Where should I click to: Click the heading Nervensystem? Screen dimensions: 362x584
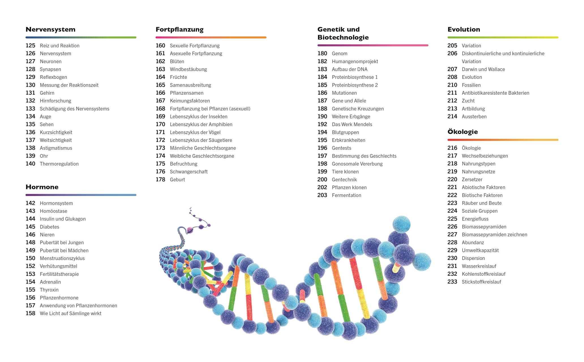(50, 29)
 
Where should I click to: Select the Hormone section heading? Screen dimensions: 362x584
(42, 187)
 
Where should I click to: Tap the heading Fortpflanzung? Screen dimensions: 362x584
(179, 29)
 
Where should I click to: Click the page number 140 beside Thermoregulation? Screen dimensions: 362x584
(30, 164)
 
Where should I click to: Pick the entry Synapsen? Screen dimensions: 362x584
(50, 69)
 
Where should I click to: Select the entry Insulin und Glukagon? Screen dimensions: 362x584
(63, 219)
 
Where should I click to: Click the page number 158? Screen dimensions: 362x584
(30, 313)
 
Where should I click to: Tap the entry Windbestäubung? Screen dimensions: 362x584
(188, 69)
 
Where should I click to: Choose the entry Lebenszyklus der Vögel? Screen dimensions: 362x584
(195, 132)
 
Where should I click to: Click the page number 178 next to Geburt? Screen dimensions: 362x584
(160, 180)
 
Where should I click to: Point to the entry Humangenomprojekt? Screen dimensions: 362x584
(355, 61)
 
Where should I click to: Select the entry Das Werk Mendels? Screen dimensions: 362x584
(352, 124)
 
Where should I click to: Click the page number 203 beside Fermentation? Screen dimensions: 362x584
(322, 195)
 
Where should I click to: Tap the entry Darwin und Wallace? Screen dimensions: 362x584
(483, 69)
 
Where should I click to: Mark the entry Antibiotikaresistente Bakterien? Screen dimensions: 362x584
(495, 93)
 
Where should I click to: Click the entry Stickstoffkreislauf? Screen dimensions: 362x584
(481, 282)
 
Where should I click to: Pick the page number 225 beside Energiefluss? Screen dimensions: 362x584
(452, 219)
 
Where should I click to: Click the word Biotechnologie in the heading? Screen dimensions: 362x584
(343, 37)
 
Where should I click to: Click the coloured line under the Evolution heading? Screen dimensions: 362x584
(503, 37)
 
